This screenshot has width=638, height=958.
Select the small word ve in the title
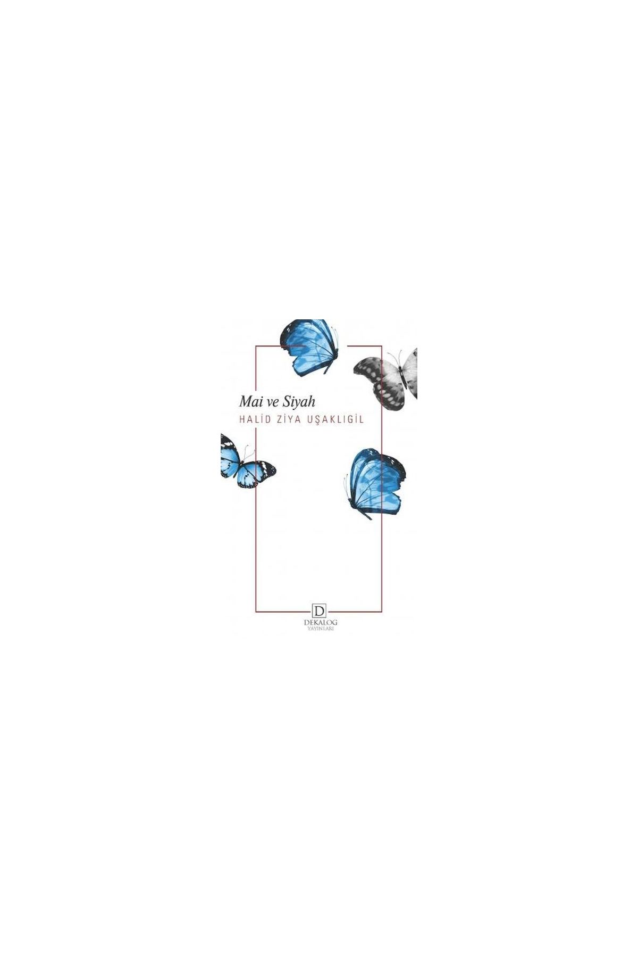tap(272, 403)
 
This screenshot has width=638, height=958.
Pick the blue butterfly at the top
tap(309, 345)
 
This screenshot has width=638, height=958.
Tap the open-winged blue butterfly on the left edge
tap(247, 461)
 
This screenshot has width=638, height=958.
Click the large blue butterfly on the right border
tap(374, 483)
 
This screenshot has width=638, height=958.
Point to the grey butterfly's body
tap(402, 378)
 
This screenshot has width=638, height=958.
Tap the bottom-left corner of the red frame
tap(256, 612)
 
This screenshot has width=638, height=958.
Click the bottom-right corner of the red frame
tap(382, 612)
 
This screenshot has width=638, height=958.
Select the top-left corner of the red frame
tap(256, 346)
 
